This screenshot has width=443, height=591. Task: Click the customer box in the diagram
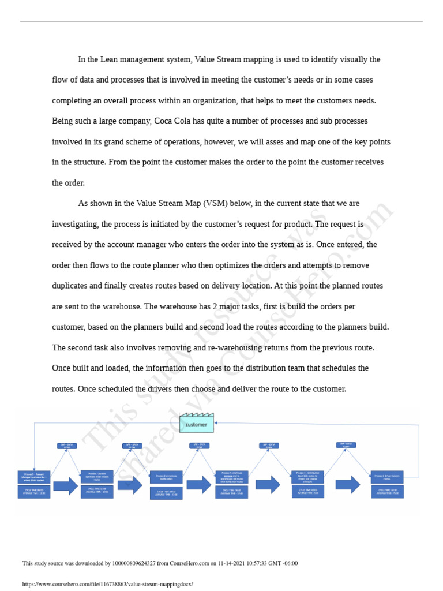(196, 424)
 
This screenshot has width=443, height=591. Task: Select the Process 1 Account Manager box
(34, 477)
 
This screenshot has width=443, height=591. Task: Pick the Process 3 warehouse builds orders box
(166, 477)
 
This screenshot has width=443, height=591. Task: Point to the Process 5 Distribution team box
(307, 477)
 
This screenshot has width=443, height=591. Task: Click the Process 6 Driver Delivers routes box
(386, 477)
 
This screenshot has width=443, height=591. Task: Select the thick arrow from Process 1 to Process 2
(65, 485)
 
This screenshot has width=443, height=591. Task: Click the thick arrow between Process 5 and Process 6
(348, 485)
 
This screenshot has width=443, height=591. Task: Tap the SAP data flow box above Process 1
(67, 446)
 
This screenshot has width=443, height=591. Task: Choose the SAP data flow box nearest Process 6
(346, 445)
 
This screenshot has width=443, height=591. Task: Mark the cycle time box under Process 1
(34, 492)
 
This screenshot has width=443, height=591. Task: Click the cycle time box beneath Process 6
(386, 492)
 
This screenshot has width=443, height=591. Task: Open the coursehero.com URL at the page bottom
(107, 584)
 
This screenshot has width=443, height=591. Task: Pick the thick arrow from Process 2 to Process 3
(130, 485)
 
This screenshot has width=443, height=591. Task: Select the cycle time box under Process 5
(307, 492)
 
